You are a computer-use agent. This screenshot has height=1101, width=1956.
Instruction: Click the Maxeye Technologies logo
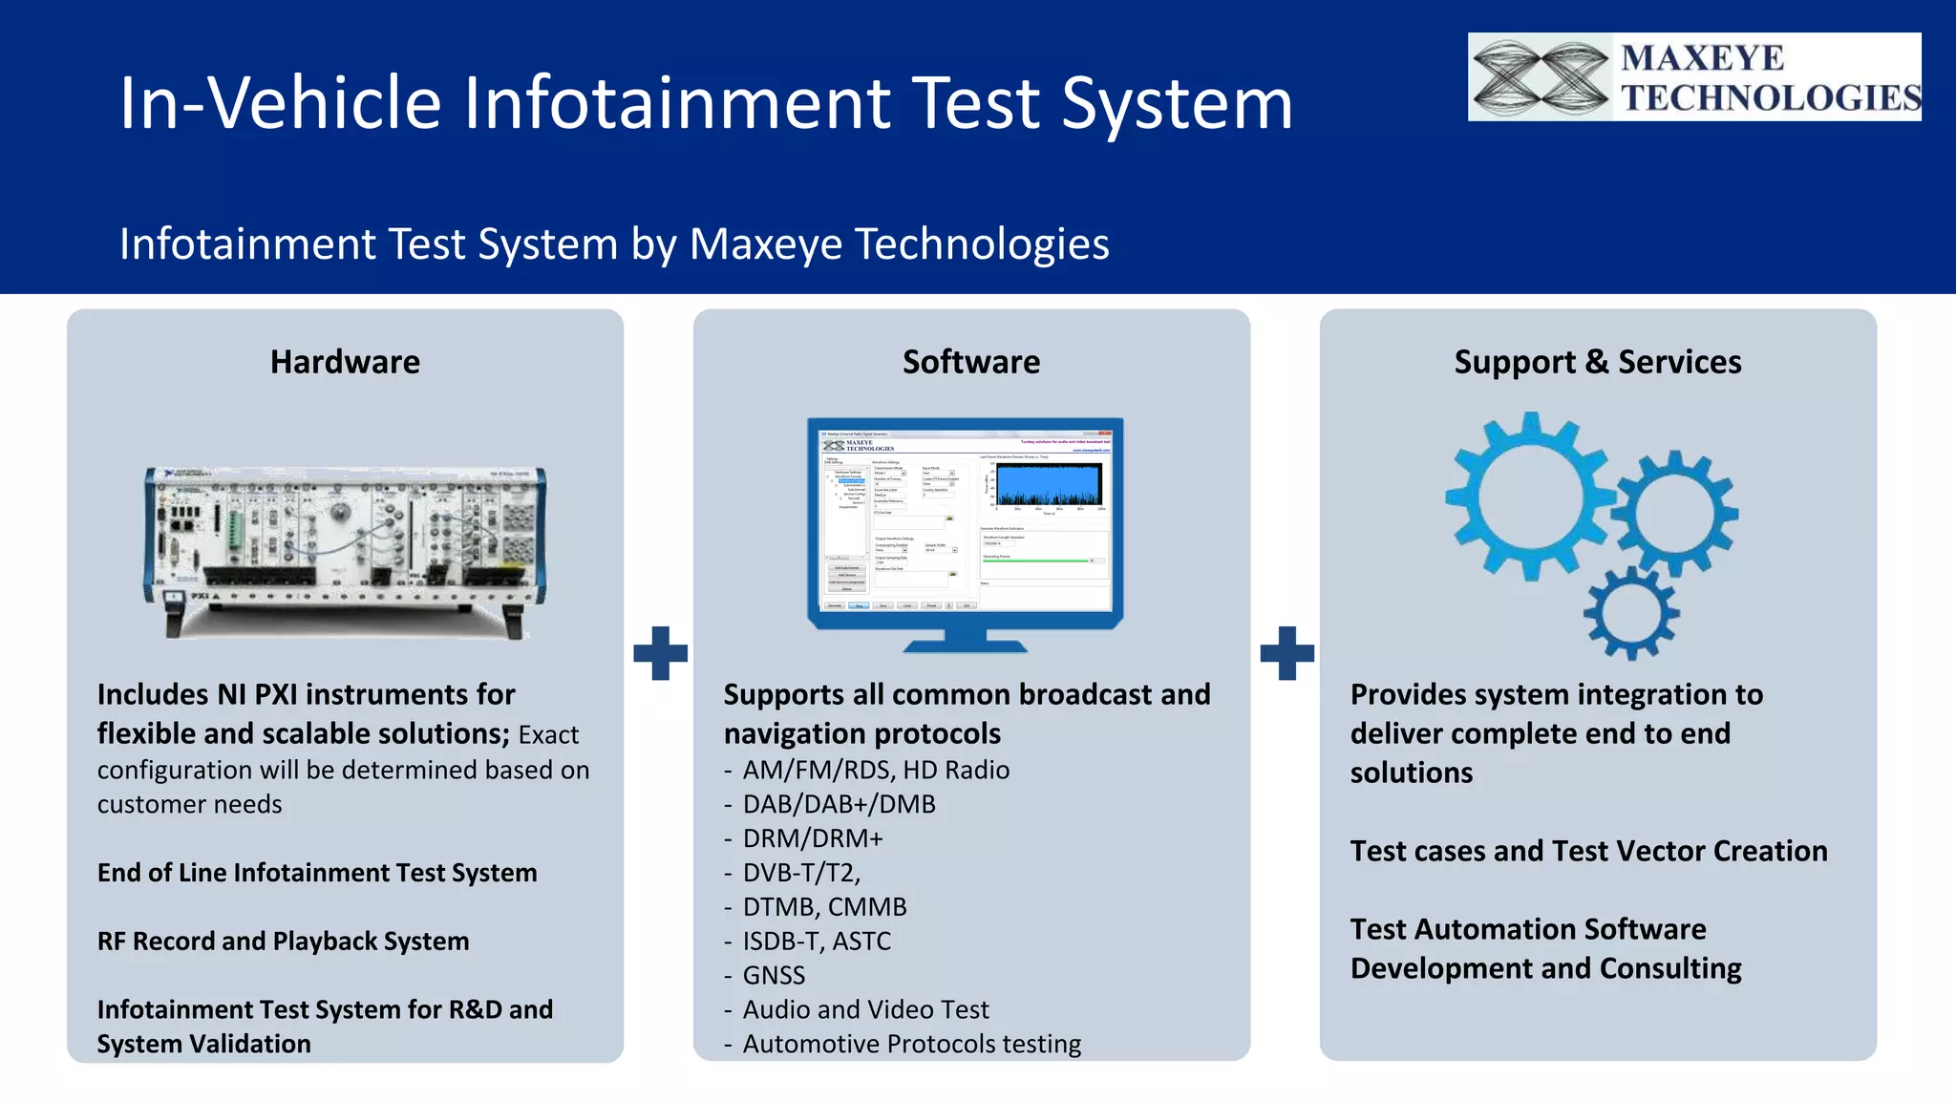tap(1693, 77)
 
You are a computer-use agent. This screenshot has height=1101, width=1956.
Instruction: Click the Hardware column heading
tap(345, 362)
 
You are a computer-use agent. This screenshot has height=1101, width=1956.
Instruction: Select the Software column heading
tap(971, 362)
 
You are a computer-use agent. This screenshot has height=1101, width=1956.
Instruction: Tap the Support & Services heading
tap(1597, 362)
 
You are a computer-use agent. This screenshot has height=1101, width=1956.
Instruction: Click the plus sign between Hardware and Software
tap(660, 653)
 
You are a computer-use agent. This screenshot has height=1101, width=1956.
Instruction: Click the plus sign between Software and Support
tap(1286, 653)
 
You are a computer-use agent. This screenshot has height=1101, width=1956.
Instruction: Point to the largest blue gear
tap(1528, 497)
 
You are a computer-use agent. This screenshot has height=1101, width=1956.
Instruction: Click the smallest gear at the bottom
tap(1631, 613)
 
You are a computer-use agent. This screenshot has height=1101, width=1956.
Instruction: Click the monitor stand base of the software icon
tap(965, 646)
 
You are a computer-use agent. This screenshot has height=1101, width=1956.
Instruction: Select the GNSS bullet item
tap(774, 975)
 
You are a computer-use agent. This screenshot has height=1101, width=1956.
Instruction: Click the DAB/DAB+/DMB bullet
tap(839, 804)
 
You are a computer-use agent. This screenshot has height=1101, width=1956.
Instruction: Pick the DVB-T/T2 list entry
tap(801, 873)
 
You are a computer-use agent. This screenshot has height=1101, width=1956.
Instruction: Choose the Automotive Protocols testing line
tap(911, 1044)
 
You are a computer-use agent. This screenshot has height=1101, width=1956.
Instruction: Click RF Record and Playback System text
tap(283, 942)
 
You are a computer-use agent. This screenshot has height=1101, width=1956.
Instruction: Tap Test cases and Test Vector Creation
tap(1588, 851)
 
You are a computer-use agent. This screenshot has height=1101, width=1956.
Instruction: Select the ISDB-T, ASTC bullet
tap(817, 942)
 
